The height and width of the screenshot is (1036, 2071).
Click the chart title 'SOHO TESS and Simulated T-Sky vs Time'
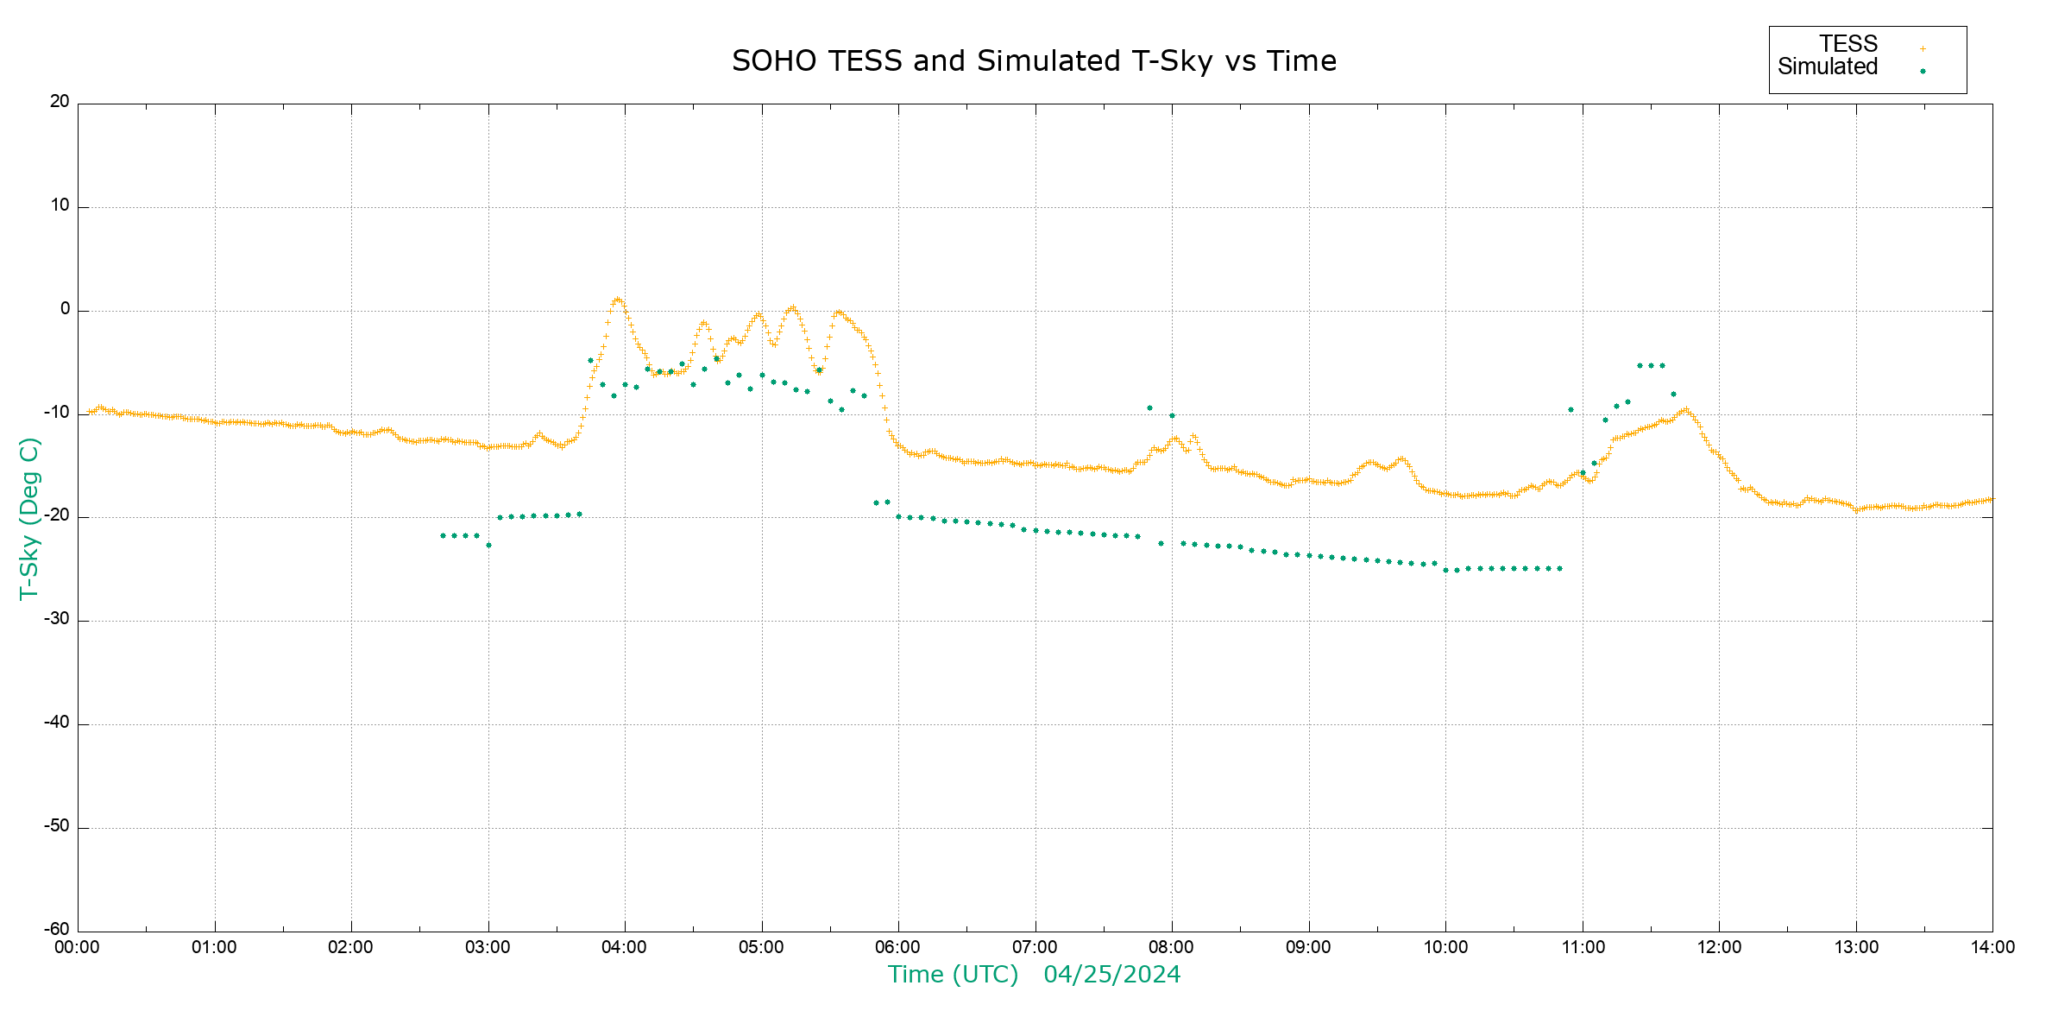(x=1034, y=61)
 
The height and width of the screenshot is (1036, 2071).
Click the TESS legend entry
(x=1848, y=44)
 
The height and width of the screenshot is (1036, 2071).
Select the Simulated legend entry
(x=1828, y=67)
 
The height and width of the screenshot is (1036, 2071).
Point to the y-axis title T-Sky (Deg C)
(x=29, y=518)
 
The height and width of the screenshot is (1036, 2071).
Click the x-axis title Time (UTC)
(x=953, y=975)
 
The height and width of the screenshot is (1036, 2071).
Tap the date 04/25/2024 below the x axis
(x=1111, y=975)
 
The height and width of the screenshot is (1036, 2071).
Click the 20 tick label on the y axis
(x=60, y=102)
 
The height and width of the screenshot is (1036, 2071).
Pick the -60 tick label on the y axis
(x=57, y=930)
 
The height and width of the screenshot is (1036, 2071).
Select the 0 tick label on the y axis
(x=65, y=309)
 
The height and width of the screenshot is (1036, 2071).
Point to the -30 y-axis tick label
(x=57, y=619)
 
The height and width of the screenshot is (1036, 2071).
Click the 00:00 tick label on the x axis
(x=77, y=948)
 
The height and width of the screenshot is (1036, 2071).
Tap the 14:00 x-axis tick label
(x=1992, y=948)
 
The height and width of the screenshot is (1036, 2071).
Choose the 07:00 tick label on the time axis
(x=1035, y=948)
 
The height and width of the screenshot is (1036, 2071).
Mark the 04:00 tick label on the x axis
(x=624, y=948)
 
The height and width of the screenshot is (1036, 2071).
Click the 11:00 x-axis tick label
(x=1582, y=948)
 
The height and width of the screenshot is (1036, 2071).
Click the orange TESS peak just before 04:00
(x=617, y=300)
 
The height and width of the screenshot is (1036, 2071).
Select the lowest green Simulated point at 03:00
(x=488, y=545)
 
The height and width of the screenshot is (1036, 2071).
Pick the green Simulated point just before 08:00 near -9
(x=1149, y=407)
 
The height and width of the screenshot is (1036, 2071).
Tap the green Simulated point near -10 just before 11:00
(x=1571, y=409)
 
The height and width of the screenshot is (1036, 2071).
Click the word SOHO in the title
(x=773, y=61)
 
